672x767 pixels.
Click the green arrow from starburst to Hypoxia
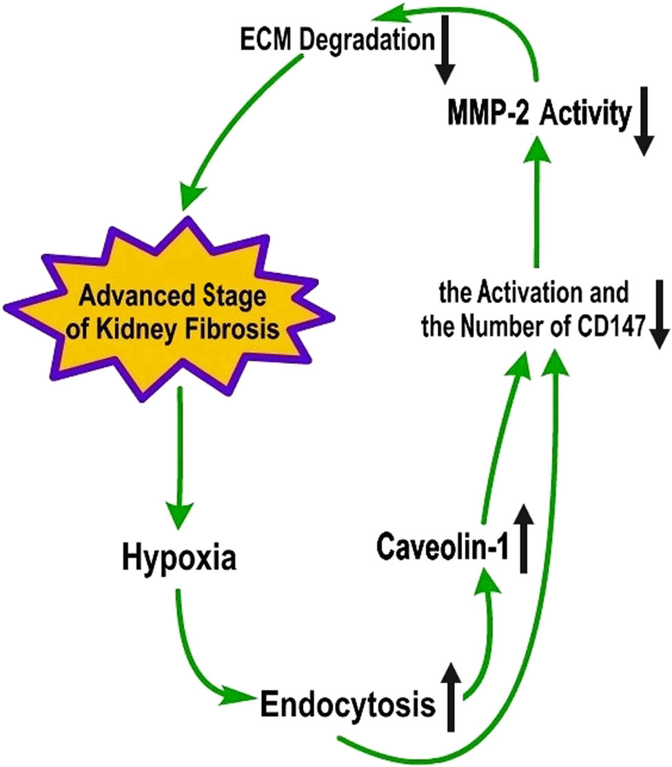[x=180, y=455]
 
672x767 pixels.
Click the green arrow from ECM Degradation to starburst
[x=234, y=131]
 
